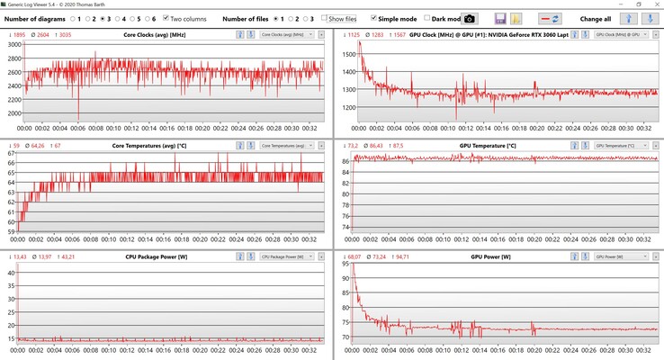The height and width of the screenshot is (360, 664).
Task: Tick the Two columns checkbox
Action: click(x=166, y=18)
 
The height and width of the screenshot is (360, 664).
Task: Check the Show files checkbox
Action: click(x=325, y=18)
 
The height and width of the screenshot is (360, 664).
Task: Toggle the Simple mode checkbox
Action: click(x=373, y=18)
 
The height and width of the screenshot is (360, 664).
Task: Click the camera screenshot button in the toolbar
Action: click(x=469, y=19)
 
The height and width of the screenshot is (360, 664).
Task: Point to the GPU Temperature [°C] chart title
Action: click(x=487, y=146)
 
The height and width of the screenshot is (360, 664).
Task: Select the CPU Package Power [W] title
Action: click(x=156, y=256)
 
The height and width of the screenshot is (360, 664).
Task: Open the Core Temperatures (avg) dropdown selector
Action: click(x=286, y=146)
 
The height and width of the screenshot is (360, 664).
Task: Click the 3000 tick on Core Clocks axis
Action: click(x=14, y=45)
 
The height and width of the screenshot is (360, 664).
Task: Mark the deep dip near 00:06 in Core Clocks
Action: click(x=78, y=117)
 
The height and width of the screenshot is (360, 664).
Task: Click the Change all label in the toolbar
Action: click(x=596, y=18)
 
